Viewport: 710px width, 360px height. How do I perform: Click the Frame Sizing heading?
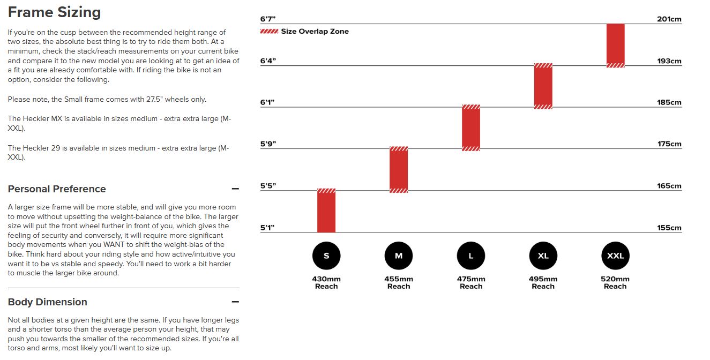coord(54,12)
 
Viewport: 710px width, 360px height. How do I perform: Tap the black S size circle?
coord(326,256)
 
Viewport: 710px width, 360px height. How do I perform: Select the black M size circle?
coord(399,256)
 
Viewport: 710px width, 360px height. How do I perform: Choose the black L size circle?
coord(471,256)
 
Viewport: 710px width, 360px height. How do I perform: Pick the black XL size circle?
coord(543,256)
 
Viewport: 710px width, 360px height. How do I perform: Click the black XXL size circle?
coord(615,256)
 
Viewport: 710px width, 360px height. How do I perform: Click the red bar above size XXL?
coord(615,46)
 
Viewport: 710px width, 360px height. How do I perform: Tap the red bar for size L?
coord(471,128)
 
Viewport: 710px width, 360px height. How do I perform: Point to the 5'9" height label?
coord(267,144)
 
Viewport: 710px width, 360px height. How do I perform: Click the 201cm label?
coord(669,19)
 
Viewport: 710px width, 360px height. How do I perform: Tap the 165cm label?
coord(669,186)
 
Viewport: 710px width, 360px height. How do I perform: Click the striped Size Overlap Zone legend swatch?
coord(269,32)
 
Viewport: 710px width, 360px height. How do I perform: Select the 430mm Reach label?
coord(326,282)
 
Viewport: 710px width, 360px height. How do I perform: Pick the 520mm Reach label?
coord(615,282)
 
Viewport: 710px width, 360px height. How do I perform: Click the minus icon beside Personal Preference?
coord(235,189)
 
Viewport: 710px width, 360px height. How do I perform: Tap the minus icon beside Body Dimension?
coord(235,302)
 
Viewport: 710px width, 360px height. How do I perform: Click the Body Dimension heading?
coord(48,302)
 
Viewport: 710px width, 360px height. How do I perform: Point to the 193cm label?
coord(669,61)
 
